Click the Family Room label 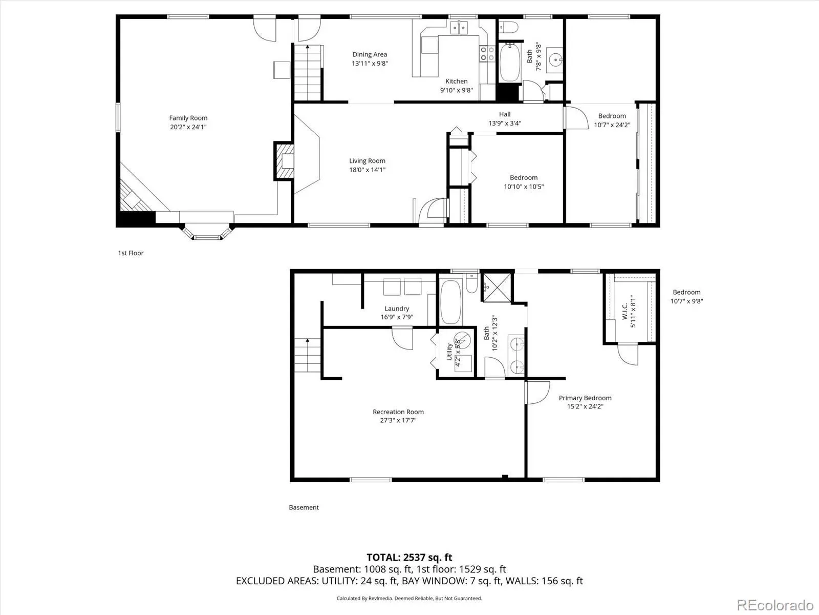(x=188, y=118)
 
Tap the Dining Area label (x=370, y=54)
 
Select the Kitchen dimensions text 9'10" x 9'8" (x=456, y=90)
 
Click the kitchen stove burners (x=487, y=53)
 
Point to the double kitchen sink (x=459, y=28)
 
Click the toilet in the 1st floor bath (x=509, y=27)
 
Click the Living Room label (x=367, y=161)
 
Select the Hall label (x=505, y=114)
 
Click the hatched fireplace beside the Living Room (x=284, y=161)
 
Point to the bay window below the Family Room (x=207, y=232)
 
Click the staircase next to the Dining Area (x=308, y=72)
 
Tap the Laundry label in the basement (x=397, y=309)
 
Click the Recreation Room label (x=398, y=412)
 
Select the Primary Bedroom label (x=585, y=398)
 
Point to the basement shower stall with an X (x=498, y=288)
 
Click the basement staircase (x=308, y=355)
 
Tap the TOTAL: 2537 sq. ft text (x=409, y=558)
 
